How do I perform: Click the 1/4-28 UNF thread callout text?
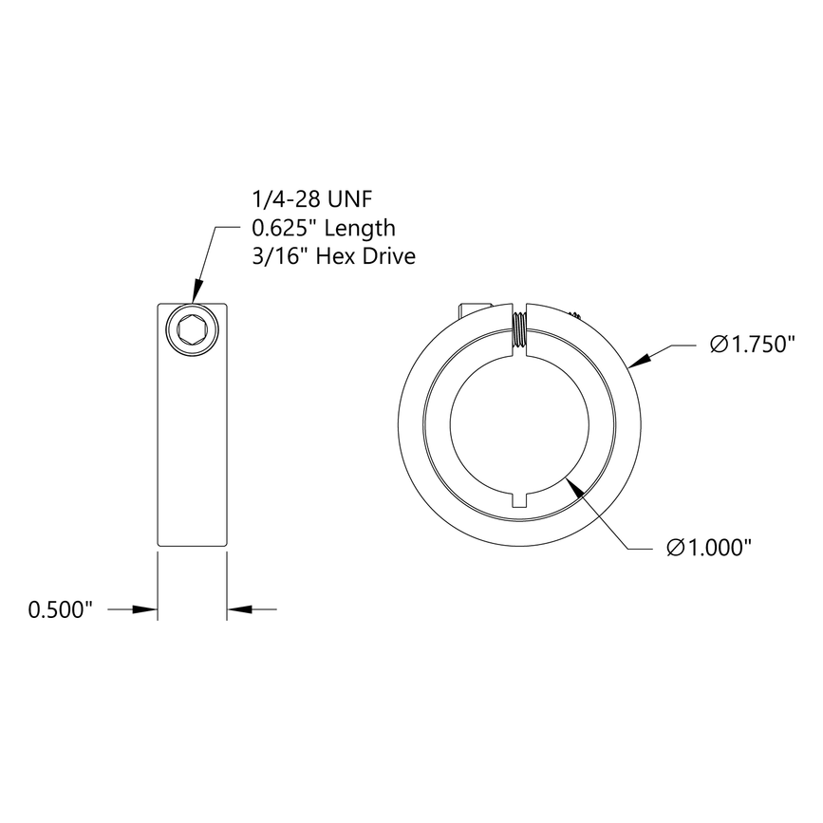pos(310,200)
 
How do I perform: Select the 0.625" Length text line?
pos(323,229)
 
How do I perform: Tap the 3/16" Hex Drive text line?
pos(333,256)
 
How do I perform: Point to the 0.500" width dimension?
pos(61,610)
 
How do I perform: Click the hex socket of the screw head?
pos(192,331)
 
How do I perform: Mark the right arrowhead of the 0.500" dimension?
pos(237,610)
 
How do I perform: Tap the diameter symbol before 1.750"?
pos(719,345)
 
